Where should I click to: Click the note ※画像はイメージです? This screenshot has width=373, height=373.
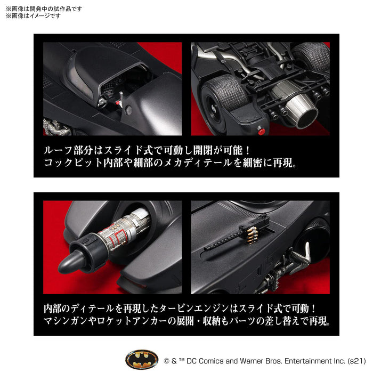(33, 15)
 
